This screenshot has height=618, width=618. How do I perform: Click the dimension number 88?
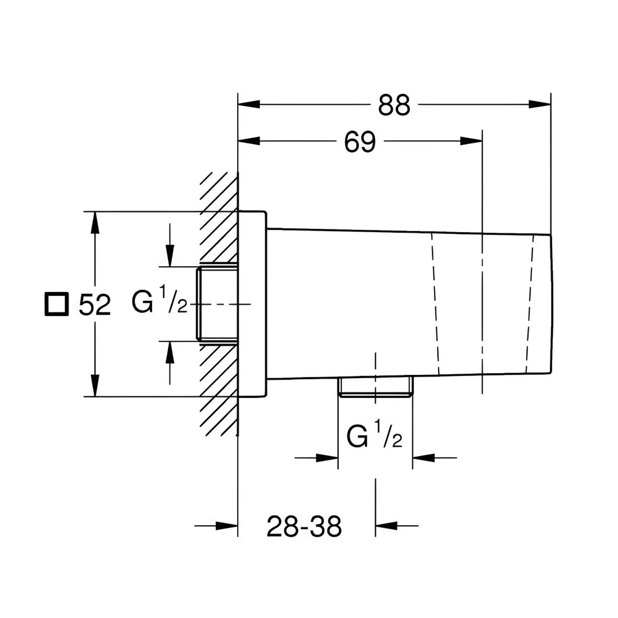[394, 105]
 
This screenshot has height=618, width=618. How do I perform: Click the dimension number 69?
[359, 141]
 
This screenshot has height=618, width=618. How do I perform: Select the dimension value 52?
[94, 305]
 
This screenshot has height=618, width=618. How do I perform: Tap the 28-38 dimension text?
[304, 526]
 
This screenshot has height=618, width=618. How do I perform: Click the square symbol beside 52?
[57, 304]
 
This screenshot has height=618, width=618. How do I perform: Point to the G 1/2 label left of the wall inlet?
[159, 300]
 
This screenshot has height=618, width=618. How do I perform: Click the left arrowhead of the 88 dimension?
[249, 104]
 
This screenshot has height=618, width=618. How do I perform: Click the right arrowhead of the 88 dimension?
[540, 104]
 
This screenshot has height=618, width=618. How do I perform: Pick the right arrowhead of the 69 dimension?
[471, 141]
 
